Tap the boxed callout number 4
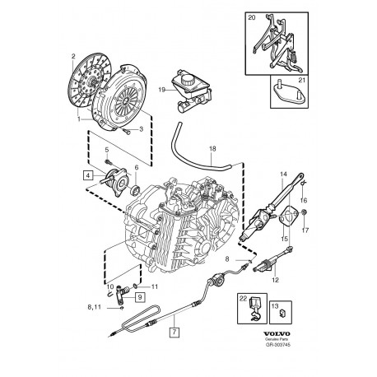(x=87, y=175)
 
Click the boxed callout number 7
(x=173, y=333)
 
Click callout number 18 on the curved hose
(x=212, y=149)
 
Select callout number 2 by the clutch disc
(x=73, y=56)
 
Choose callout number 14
(x=284, y=175)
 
